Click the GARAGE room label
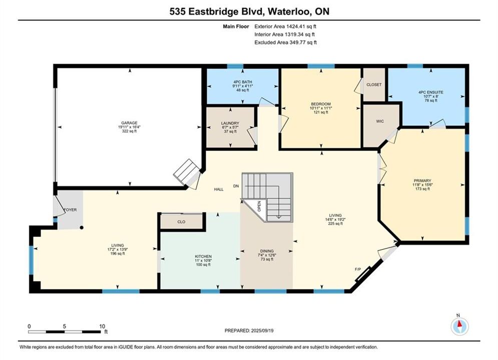129,123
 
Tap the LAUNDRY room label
230,123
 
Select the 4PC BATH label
243,82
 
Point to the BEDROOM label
321,104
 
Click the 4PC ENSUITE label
430,92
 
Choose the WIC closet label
380,121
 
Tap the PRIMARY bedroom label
422,181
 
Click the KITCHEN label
203,256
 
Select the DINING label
267,251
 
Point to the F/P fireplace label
358,269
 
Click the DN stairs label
236,186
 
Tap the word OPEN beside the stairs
259,206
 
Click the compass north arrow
459,324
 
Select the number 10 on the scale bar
102,326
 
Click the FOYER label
70,209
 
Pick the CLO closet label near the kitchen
181,221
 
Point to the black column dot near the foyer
82,227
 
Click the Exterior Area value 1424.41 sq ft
301,26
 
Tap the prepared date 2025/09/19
262,330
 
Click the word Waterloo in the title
288,11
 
